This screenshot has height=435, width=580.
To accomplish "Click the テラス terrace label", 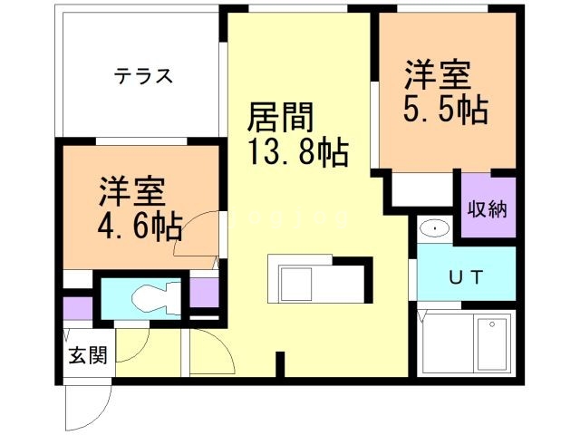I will click(x=143, y=76).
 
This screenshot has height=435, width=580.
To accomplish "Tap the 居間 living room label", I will click(x=281, y=118).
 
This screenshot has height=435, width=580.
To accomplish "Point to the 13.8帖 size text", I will click(x=297, y=152).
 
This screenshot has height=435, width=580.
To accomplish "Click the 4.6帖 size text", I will click(x=140, y=224).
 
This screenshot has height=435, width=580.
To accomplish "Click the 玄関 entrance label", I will click(x=87, y=355).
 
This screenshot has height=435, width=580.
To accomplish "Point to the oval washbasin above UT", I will click(x=435, y=229).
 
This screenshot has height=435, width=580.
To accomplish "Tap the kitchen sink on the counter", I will click(x=295, y=285).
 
